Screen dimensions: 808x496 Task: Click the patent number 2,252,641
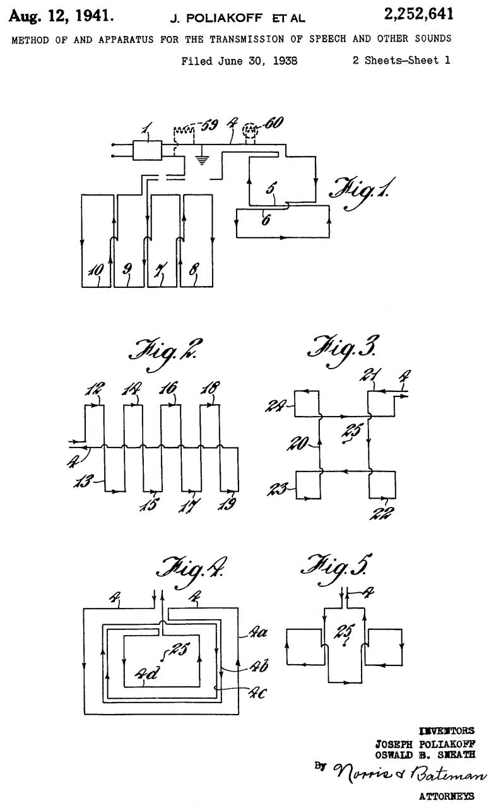pyautogui.click(x=413, y=15)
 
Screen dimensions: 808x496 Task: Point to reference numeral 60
pyautogui.click(x=273, y=123)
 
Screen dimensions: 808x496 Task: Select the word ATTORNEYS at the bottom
pyautogui.click(x=446, y=797)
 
